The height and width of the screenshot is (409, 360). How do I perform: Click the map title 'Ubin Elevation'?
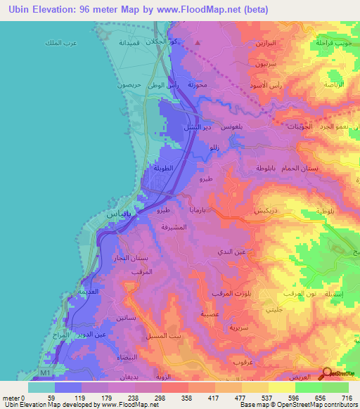42,9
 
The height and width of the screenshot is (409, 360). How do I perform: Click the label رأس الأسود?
264,86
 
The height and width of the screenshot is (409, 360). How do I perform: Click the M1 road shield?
45,372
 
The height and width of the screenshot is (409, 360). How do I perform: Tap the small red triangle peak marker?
198,44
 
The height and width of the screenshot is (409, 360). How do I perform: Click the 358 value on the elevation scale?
176,398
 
